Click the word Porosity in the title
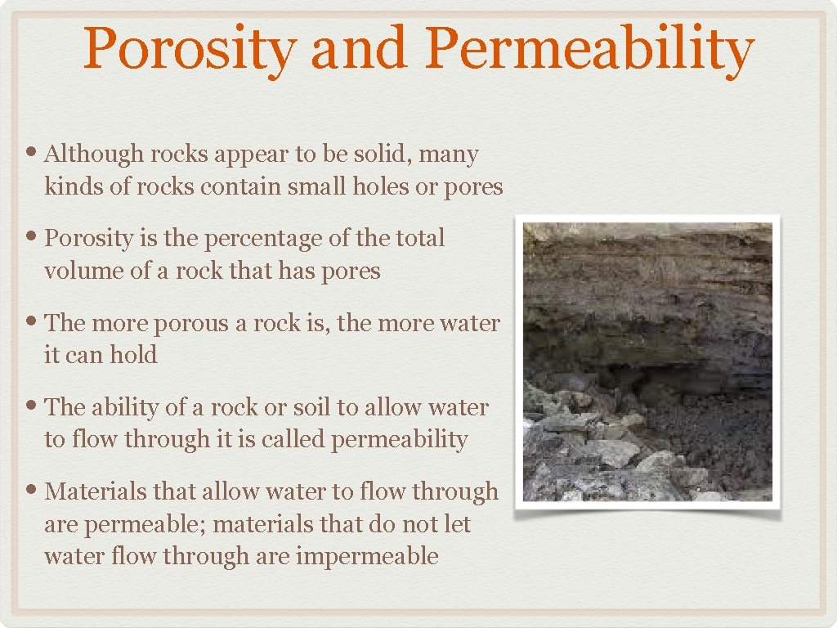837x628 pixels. (x=189, y=49)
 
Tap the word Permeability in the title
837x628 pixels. (x=589, y=49)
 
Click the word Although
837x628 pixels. (x=89, y=154)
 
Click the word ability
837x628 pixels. (x=127, y=407)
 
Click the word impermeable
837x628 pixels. (x=367, y=557)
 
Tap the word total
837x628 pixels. (x=418, y=238)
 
